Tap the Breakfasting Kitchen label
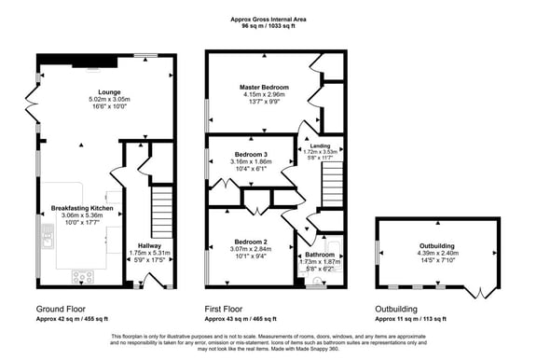[x=82, y=208]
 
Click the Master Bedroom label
[x=261, y=88]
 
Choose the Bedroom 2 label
[x=251, y=242]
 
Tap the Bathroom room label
[x=320, y=255]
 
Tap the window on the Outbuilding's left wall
[x=377, y=253]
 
